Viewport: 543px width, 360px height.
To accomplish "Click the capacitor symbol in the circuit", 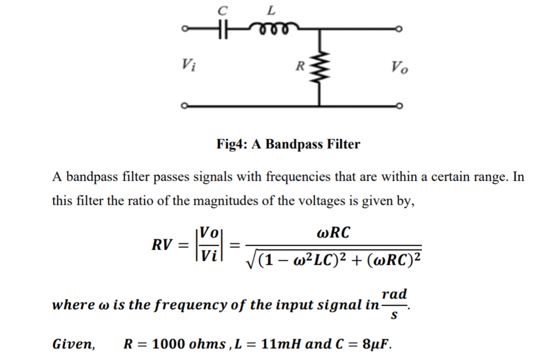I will point(223,28).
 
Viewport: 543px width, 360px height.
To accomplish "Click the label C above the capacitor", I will point(223,9).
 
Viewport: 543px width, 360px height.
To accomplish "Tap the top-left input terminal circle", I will point(184,29).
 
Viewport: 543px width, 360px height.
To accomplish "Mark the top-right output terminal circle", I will point(399,29).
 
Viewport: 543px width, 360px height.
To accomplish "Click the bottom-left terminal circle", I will point(184,105).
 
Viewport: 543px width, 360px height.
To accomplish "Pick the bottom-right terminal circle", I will point(399,105).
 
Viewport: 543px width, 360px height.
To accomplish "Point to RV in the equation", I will point(162,245).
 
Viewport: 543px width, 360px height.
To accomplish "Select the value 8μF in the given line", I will point(372,343).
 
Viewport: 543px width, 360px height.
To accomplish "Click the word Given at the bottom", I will point(73,343).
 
